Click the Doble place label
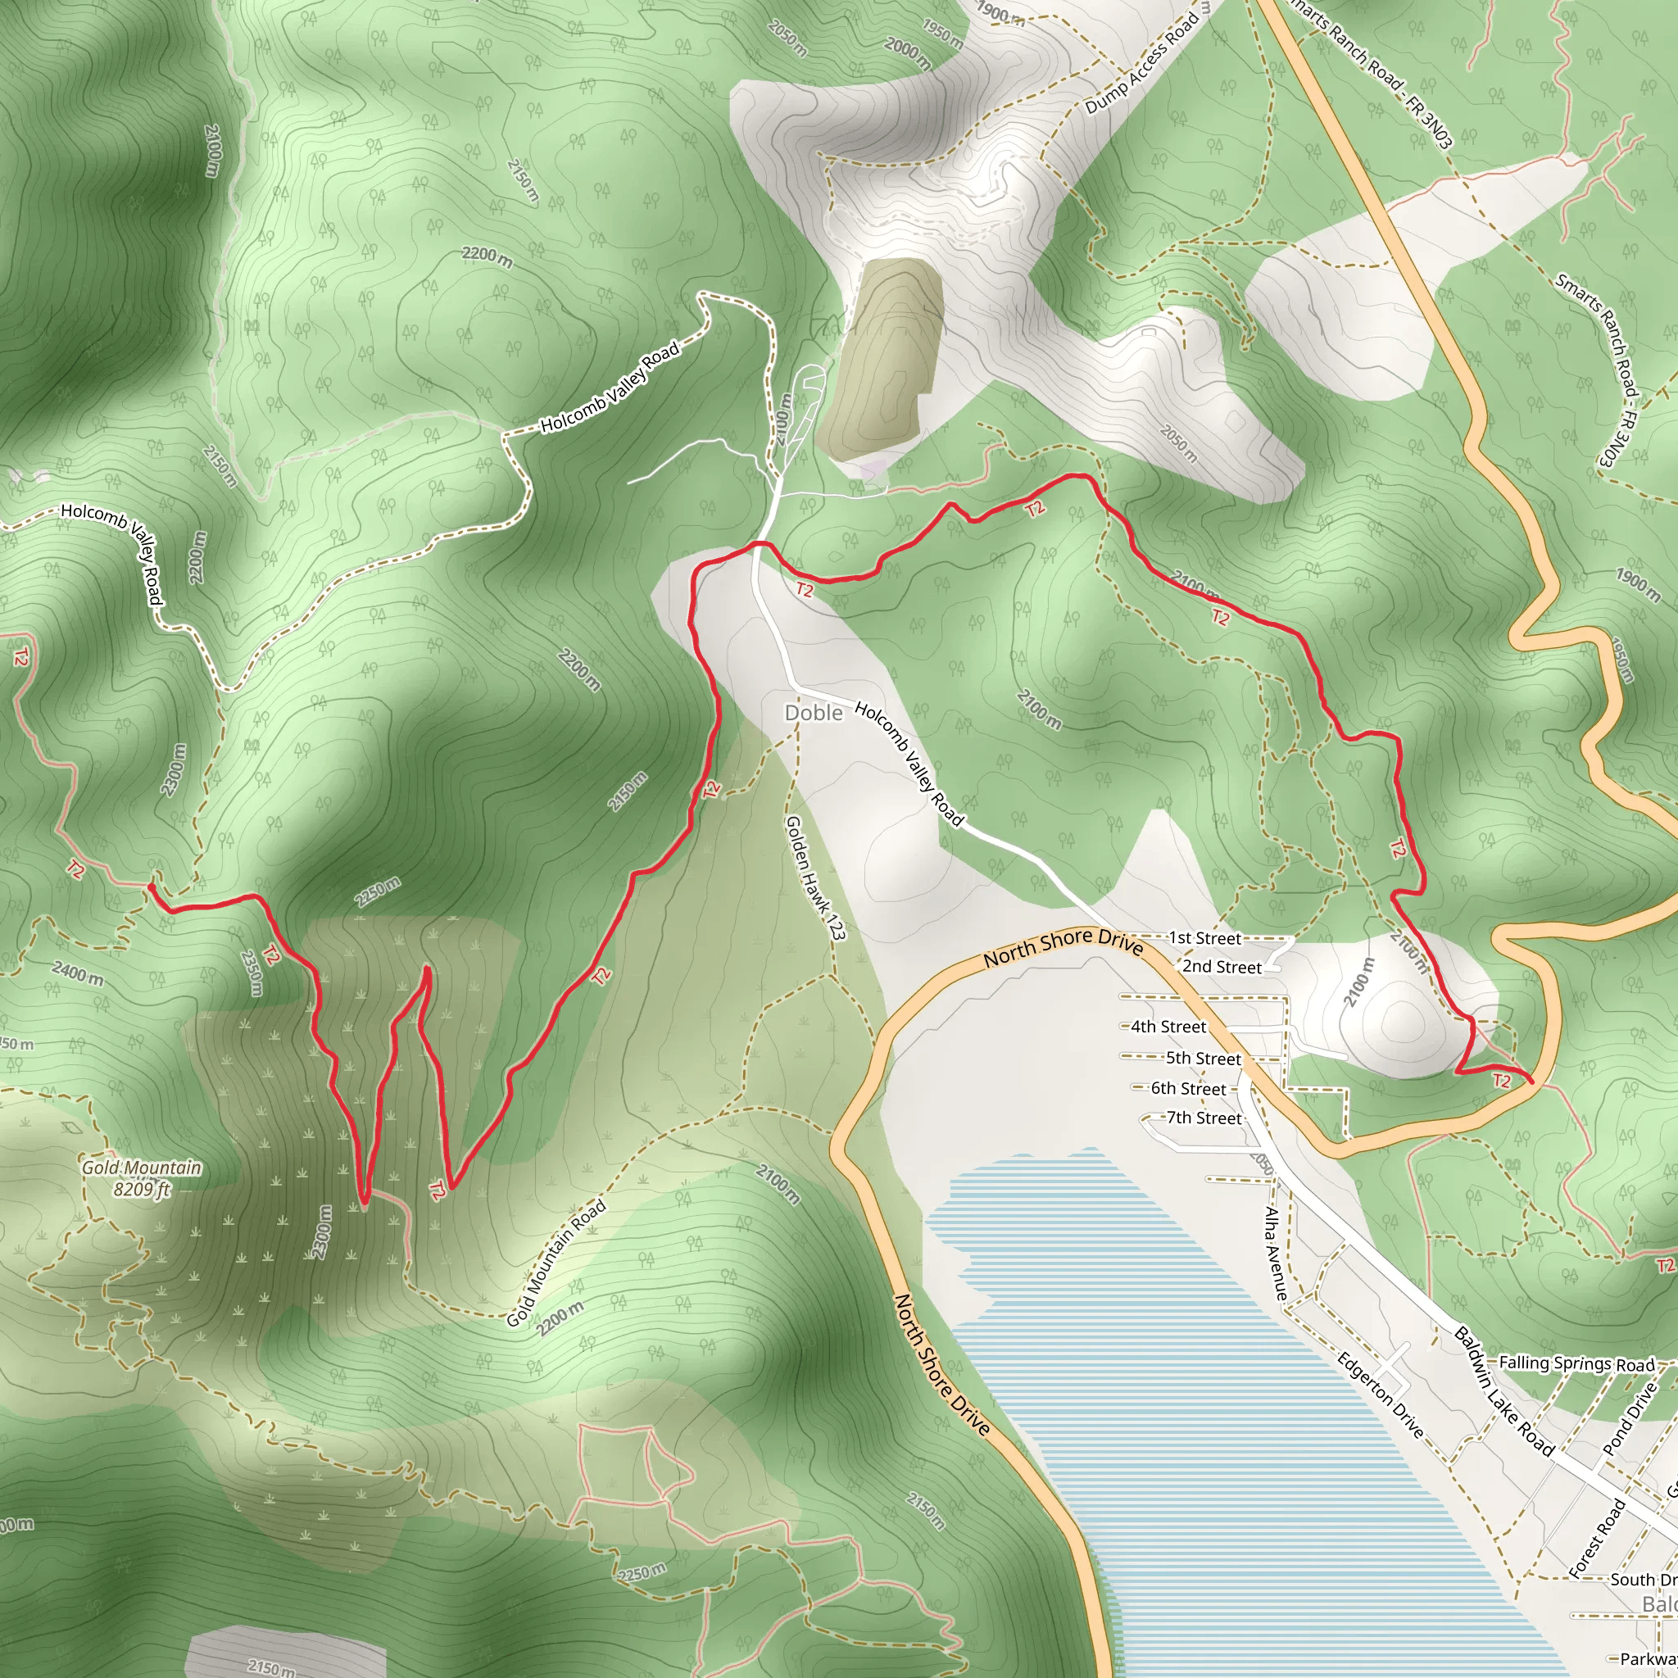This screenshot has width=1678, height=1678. click(x=813, y=713)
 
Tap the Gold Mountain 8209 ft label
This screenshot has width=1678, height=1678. click(x=142, y=1177)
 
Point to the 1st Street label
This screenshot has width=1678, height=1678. click(x=1204, y=938)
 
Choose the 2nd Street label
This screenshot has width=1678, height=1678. click(x=1221, y=967)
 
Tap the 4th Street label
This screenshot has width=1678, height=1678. click(x=1168, y=1027)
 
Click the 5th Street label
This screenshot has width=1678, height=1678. click(x=1203, y=1059)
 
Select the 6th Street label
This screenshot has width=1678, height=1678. click(x=1188, y=1089)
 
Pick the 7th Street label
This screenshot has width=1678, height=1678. click(x=1204, y=1118)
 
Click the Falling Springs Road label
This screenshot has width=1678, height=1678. click(x=1576, y=1363)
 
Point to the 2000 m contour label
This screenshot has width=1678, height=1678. click(x=908, y=53)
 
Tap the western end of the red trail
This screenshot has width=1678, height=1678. click(x=151, y=887)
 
